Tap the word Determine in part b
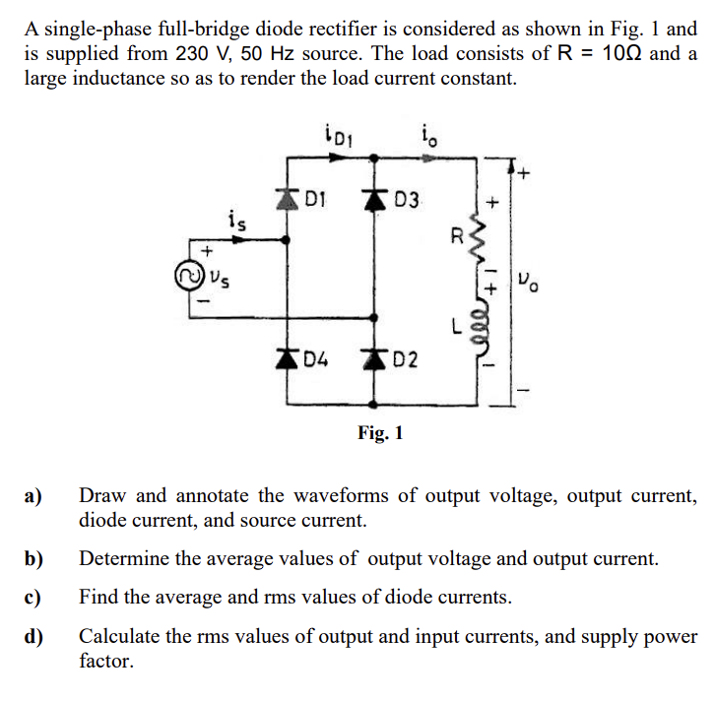[125, 559]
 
